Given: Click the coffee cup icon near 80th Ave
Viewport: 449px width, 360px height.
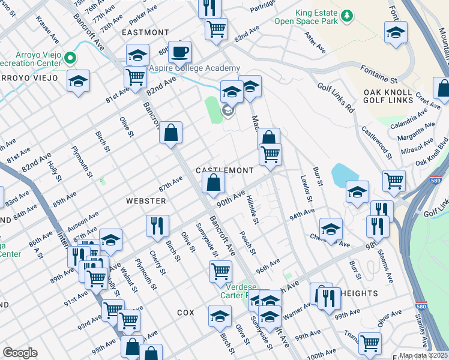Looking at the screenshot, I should pos(179,52).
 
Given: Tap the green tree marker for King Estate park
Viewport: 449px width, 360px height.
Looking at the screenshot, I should pos(346,14).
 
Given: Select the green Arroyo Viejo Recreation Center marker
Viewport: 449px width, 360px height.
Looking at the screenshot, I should pos(71,58).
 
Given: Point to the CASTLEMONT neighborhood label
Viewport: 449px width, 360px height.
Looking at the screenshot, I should pos(225,170).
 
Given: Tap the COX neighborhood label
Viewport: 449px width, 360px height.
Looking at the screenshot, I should pos(186,313).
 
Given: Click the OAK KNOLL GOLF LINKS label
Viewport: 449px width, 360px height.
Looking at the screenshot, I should pos(388,97).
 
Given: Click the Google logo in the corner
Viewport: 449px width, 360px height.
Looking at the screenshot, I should pos(20,353).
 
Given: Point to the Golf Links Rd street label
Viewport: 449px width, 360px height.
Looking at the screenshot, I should pos(336,98).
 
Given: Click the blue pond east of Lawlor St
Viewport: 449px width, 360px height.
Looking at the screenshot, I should pos(340,175).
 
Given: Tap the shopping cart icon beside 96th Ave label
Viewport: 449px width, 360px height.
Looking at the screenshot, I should pos(220,271).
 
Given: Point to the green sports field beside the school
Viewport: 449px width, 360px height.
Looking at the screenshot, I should pos(213,110).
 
